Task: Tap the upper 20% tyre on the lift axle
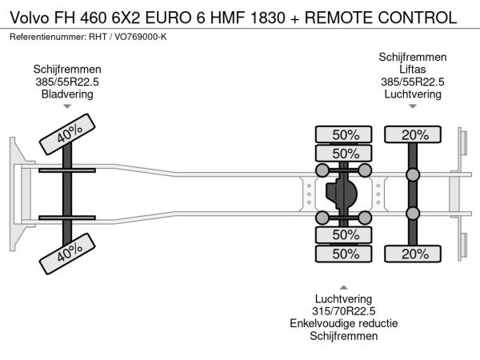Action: (x=414, y=134)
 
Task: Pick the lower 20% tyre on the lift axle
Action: (x=414, y=254)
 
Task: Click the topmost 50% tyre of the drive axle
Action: (x=345, y=134)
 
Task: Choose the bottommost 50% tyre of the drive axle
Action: (x=345, y=254)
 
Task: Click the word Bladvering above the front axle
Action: (x=67, y=94)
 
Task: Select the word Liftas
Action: (x=413, y=70)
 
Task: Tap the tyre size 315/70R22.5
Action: (x=344, y=311)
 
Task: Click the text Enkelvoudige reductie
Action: (x=344, y=323)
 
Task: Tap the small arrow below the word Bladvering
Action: (x=67, y=106)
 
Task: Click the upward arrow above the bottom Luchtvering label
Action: (x=344, y=287)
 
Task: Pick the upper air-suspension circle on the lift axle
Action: (x=413, y=175)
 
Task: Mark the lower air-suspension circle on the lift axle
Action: (x=413, y=213)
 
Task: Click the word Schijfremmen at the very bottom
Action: (x=344, y=336)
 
